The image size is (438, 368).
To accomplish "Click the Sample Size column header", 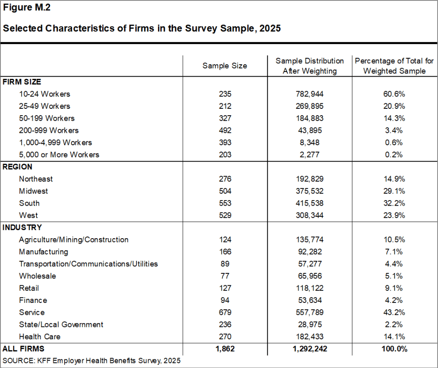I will coord(225,66).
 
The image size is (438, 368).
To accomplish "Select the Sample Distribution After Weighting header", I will coord(310,66).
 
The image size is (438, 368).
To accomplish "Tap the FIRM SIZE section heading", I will coord(22,82).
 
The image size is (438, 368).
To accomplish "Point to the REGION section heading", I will coord(17,167).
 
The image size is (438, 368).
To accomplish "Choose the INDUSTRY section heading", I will coord(22,227).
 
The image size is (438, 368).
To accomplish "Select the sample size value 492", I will coord(225,130).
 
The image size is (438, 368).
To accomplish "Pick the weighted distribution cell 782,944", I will coord(310,94).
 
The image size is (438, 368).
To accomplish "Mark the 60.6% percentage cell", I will coord(394,94).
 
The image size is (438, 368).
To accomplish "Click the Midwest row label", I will coord(33,191).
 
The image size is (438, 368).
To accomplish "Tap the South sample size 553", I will coord(225,203).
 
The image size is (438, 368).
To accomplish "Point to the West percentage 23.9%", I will coord(394,215).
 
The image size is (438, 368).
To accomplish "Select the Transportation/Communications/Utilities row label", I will coord(88,264).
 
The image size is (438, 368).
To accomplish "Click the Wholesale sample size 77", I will coord(225,276).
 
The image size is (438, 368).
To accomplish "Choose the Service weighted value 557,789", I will coord(310,312).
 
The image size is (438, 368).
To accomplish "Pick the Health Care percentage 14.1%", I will coord(394,337).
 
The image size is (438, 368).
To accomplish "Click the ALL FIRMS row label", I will coord(24,349).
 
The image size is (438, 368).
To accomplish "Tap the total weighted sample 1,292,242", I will coord(310,349).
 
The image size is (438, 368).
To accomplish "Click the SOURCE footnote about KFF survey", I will coord(92,360).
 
